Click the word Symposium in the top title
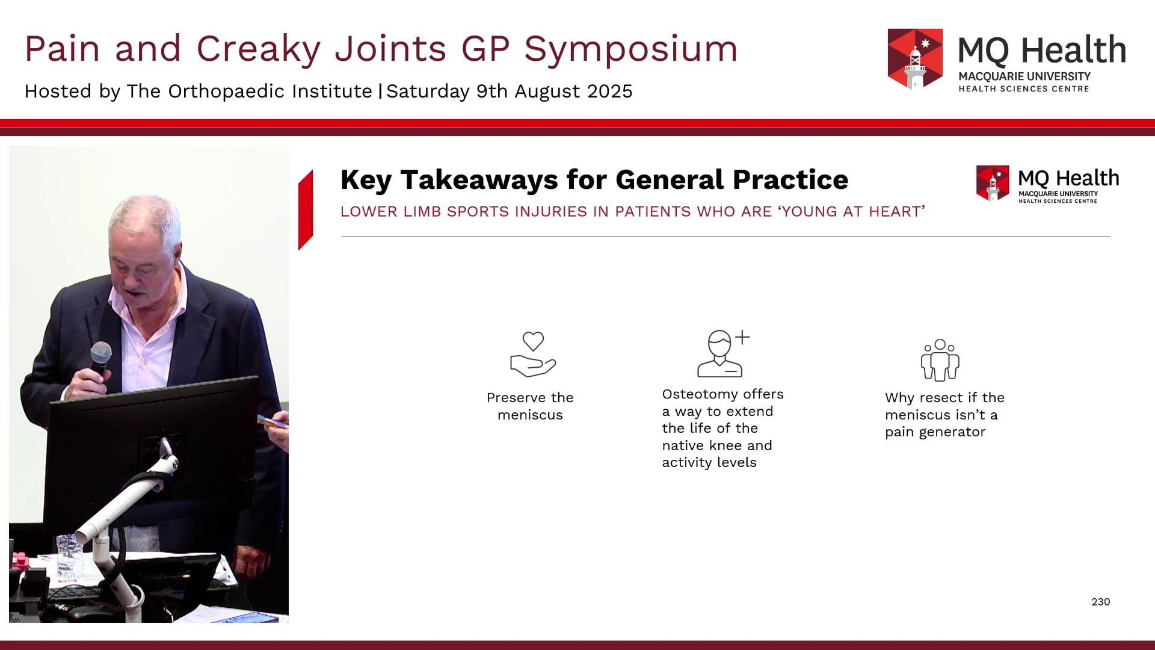pyautogui.click(x=630, y=49)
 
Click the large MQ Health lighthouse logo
pyautogui.click(x=915, y=59)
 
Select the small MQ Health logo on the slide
pyautogui.click(x=993, y=183)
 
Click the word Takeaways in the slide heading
pyautogui.click(x=479, y=180)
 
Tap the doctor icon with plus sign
pyautogui.click(x=722, y=354)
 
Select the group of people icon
pyautogui.click(x=940, y=360)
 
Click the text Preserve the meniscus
pyautogui.click(x=530, y=406)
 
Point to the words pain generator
pyautogui.click(x=935, y=432)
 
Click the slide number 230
pyautogui.click(x=1100, y=602)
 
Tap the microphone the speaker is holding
pyautogui.click(x=100, y=356)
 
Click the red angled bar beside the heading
pyautogui.click(x=306, y=210)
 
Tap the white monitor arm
pyautogui.click(x=120, y=518)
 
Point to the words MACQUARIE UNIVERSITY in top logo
pyautogui.click(x=1024, y=76)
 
